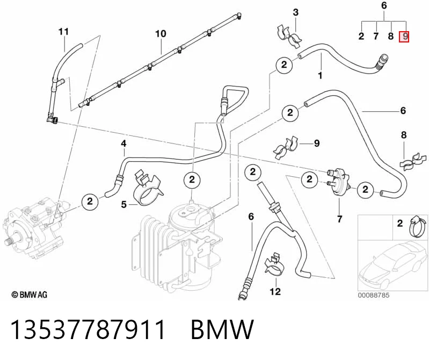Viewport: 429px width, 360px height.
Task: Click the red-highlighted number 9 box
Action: point(404,36)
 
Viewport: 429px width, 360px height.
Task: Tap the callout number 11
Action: point(63,32)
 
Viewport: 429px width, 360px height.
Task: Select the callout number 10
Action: point(161,34)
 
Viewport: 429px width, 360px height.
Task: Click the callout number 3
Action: point(296,12)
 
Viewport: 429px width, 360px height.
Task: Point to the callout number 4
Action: point(123,143)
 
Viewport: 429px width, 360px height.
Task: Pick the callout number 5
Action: point(124,204)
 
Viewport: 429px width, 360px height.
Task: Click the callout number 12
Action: point(275,292)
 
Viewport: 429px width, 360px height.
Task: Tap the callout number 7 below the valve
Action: point(339,219)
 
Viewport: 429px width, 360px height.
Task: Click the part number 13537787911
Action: point(88,329)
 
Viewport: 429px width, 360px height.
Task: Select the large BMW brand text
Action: point(222,329)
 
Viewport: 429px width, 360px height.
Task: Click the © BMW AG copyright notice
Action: point(30,294)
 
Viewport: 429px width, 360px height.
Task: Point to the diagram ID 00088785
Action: point(374,295)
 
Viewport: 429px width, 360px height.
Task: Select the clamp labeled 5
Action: point(148,188)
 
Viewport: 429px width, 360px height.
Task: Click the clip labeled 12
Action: point(274,265)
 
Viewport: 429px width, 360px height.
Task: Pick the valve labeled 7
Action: point(339,181)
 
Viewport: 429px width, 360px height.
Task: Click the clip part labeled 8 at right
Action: point(413,162)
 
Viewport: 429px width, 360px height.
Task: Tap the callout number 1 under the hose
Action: point(320,75)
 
